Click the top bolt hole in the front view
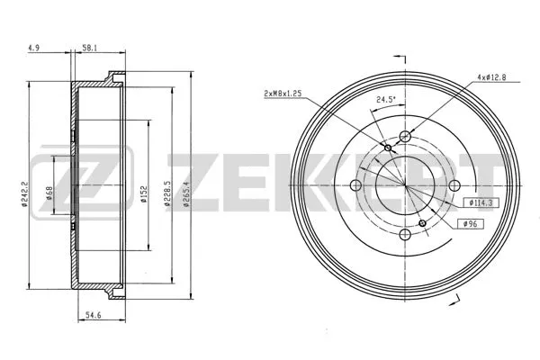pyautogui.click(x=406, y=136)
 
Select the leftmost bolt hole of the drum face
pyautogui.click(x=355, y=187)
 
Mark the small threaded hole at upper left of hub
pyautogui.click(x=388, y=148)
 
